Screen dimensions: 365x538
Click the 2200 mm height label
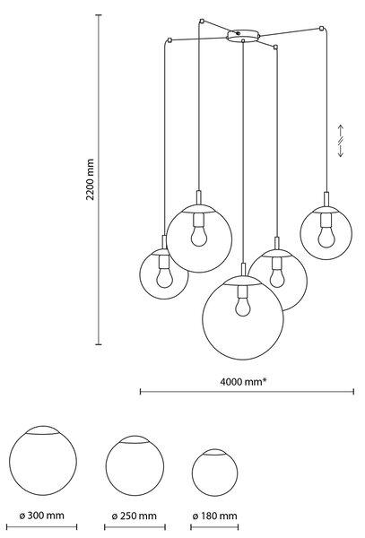pyautogui.click(x=91, y=179)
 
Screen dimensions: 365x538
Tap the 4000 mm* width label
pyautogui.click(x=243, y=381)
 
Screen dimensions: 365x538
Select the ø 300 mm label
pyautogui.click(x=41, y=516)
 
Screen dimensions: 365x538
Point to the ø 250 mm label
pyautogui.click(x=135, y=516)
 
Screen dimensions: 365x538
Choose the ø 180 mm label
pyautogui.click(x=214, y=516)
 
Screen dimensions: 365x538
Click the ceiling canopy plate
pyautogui.click(x=243, y=36)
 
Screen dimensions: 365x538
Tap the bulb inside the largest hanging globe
pyautogui.click(x=243, y=307)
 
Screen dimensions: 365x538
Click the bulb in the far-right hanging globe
pyautogui.click(x=326, y=238)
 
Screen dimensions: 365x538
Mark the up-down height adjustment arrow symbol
pyautogui.click(x=341, y=141)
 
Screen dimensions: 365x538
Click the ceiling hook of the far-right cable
pyautogui.click(x=321, y=28)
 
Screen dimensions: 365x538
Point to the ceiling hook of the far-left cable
pyautogui.click(x=169, y=40)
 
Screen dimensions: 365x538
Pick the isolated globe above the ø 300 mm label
pyautogui.click(x=43, y=461)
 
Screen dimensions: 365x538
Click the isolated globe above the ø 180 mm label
pyautogui.click(x=214, y=473)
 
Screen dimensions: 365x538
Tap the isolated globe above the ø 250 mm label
pyautogui.click(x=135, y=465)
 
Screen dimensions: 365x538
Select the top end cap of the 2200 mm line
pyautogui.click(x=99, y=15)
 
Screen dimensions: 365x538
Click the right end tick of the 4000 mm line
pyautogui.click(x=353, y=392)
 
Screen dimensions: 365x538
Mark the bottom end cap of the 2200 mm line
pyautogui.click(x=99, y=344)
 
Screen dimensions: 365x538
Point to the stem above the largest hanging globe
pyautogui.click(x=243, y=269)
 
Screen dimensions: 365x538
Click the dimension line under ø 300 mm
pyautogui.click(x=41, y=527)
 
